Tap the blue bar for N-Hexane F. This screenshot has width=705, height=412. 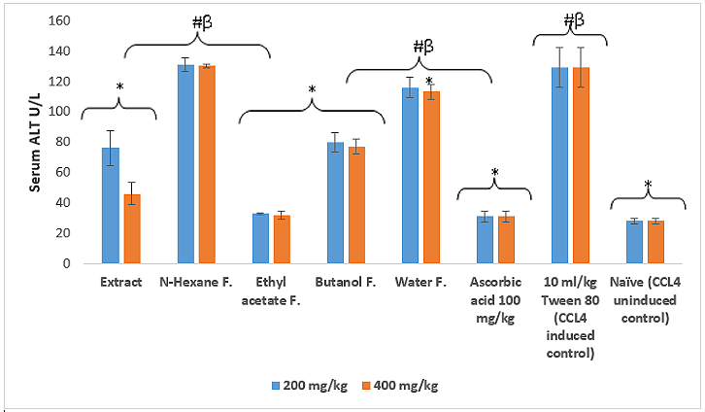click(x=185, y=164)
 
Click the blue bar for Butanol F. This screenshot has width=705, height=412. click(x=335, y=203)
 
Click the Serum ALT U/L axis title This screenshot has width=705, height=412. click(x=36, y=142)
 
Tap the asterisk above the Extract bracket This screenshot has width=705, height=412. click(x=119, y=86)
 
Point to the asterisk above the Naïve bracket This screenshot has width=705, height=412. click(x=647, y=184)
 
